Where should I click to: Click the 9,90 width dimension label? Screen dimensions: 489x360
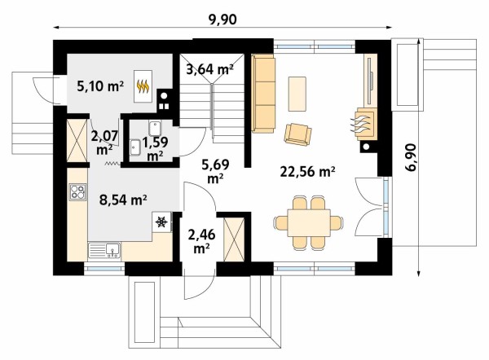(222, 20)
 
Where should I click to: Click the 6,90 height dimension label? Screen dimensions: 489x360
(412, 157)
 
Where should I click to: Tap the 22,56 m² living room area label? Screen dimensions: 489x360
(307, 171)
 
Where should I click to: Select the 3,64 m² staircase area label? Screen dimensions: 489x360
(209, 69)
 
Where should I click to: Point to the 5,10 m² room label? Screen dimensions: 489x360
(100, 86)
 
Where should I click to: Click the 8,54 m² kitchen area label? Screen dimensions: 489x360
(123, 200)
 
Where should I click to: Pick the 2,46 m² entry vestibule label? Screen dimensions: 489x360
(201, 240)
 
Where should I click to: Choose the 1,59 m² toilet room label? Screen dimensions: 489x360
(155, 149)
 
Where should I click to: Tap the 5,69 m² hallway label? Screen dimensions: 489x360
(215, 171)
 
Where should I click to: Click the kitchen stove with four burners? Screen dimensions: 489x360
(77, 191)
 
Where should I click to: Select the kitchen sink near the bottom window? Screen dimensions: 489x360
(104, 250)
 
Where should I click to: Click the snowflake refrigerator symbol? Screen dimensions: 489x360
(161, 222)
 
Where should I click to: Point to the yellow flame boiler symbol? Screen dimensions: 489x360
(143, 86)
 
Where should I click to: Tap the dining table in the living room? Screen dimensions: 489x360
(309, 223)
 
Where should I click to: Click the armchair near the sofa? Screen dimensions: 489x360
(297, 134)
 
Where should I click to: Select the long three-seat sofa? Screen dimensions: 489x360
(263, 94)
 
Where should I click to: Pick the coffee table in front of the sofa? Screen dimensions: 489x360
(297, 94)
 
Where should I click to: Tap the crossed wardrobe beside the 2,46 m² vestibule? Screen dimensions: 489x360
(234, 239)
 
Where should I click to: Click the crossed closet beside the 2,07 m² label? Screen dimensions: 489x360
(77, 141)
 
